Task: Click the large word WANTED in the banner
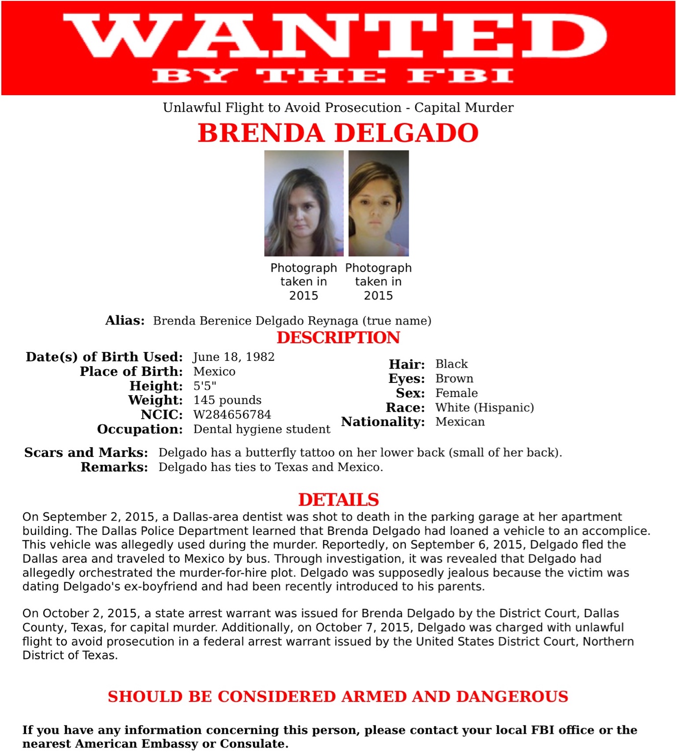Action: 335,36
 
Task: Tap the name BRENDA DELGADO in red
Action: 338,133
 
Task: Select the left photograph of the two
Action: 303,203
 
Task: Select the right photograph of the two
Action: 378,203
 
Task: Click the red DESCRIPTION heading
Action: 338,337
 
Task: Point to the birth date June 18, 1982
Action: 234,357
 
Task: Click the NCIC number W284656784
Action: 232,415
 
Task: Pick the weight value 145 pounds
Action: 227,400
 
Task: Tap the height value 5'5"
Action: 204,386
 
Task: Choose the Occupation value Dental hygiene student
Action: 262,429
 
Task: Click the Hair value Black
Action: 451,364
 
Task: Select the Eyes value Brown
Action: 454,378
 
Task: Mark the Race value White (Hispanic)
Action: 484,407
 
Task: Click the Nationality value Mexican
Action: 460,422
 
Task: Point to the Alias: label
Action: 125,321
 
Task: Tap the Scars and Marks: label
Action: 86,452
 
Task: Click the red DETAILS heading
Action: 338,500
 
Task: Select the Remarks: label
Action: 114,467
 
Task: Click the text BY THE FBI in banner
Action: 333,76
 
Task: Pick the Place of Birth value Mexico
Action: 214,372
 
